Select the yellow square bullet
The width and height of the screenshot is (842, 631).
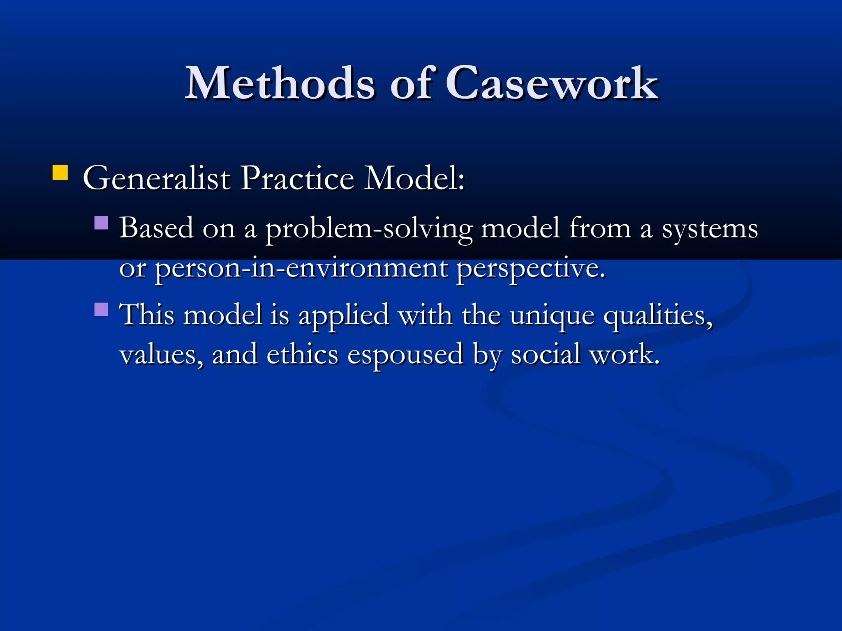pos(60,173)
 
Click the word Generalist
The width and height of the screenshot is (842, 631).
pos(157,179)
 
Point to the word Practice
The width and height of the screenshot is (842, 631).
pos(297,179)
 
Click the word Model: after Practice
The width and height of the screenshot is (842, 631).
pos(415,179)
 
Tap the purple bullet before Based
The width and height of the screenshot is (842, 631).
pos(101,223)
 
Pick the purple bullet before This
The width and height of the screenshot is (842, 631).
pos(101,309)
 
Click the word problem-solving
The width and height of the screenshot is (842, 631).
pos(369,228)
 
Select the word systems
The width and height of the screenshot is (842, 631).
pos(710,228)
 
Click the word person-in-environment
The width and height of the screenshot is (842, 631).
pos(301,269)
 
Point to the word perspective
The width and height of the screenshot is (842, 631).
pos(531,269)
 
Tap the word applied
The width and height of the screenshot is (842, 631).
pos(344,315)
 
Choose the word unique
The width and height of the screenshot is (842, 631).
pos(552,315)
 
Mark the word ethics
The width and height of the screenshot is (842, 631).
pos(302,354)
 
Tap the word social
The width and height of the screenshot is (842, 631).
pos(545,354)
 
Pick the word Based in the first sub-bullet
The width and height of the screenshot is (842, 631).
pos(156,228)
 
